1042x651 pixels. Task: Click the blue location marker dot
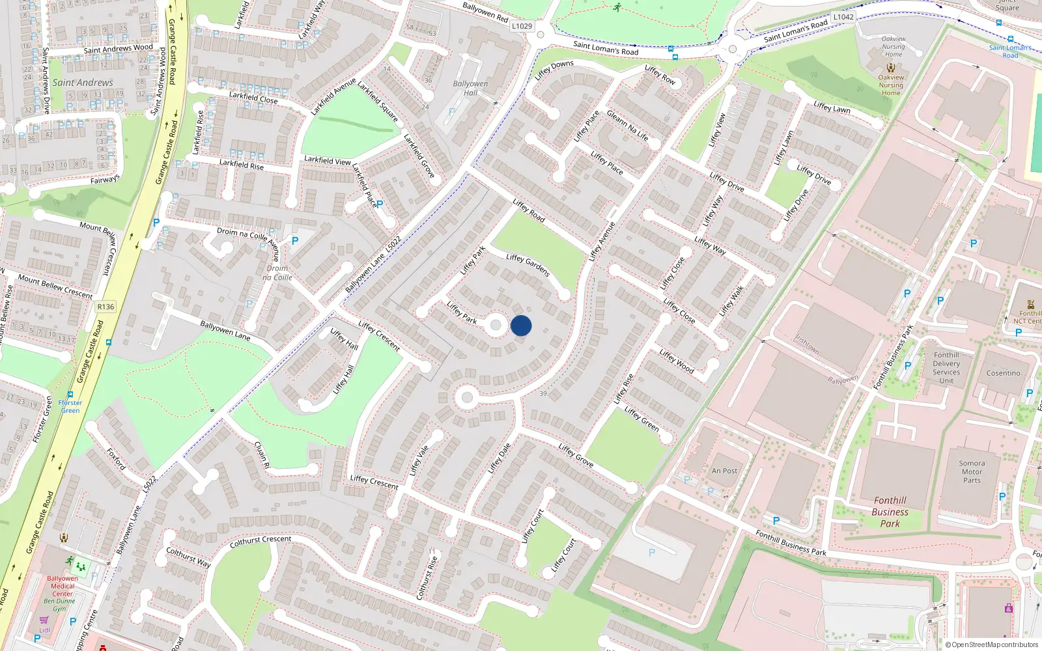tap(521, 325)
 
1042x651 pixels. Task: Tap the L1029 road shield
tap(522, 26)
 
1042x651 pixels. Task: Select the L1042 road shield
tap(843, 17)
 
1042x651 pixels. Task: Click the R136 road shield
tap(106, 307)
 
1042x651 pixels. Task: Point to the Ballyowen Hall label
tap(470, 88)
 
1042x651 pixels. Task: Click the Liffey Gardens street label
tap(528, 264)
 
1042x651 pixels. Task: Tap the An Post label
tap(724, 471)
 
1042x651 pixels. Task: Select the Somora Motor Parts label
tap(972, 472)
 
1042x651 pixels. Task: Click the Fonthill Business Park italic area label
tap(890, 512)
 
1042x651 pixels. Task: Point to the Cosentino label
tap(1003, 373)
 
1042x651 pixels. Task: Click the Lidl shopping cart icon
tap(44, 620)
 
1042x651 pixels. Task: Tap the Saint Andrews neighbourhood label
tap(83, 83)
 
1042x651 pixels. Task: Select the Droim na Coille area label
tap(277, 273)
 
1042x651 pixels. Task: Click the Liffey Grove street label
tap(576, 455)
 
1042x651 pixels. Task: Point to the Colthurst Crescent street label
tap(260, 541)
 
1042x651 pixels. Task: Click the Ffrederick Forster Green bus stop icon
tap(70, 395)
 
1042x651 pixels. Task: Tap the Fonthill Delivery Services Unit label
tap(946, 368)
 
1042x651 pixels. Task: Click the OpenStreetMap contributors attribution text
tap(992, 644)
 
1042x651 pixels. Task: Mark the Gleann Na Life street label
tap(627, 124)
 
